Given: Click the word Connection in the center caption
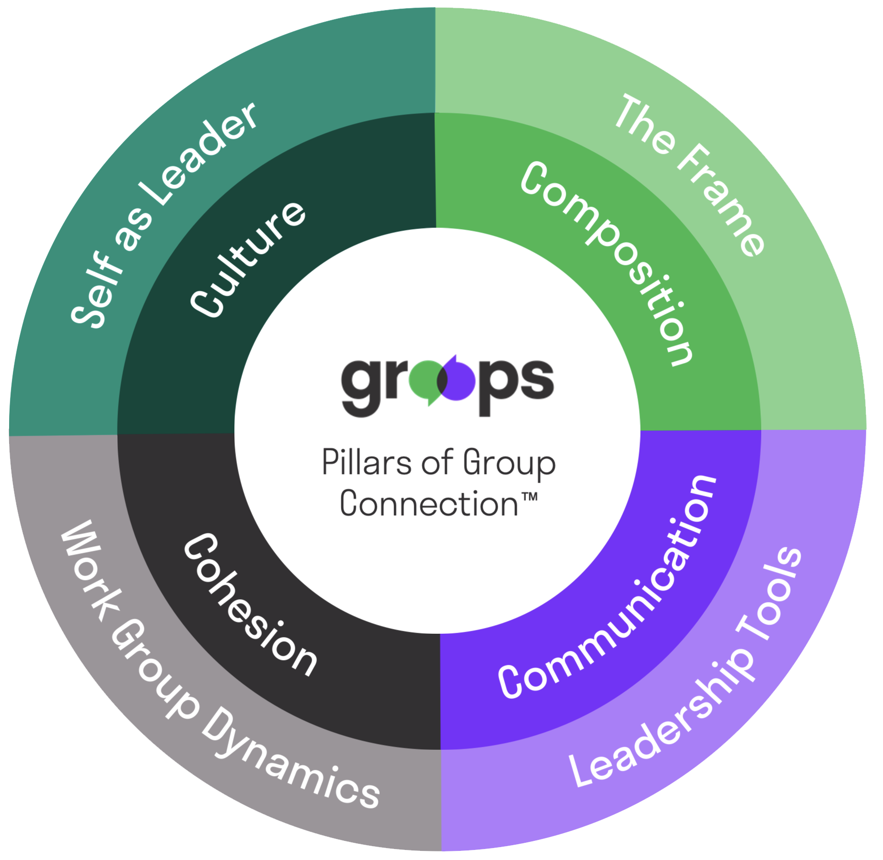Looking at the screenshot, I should click(429, 503).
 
